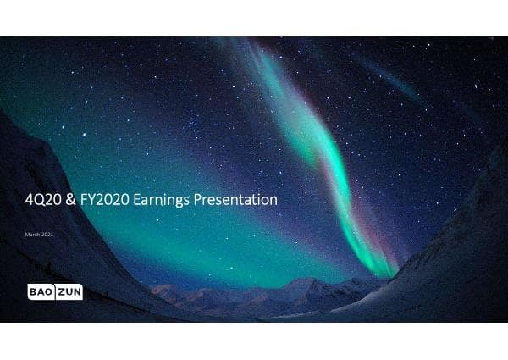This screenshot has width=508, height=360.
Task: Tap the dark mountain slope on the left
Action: click(x=51, y=169)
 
